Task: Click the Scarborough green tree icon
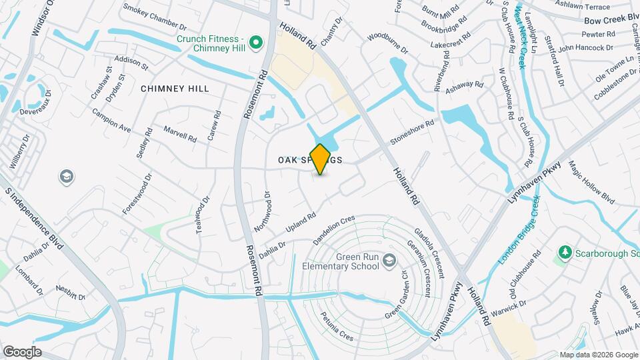click(x=565, y=253)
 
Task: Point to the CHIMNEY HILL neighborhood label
click(x=175, y=89)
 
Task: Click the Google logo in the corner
click(x=22, y=351)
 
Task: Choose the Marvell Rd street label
click(x=179, y=135)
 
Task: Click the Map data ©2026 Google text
click(x=598, y=355)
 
